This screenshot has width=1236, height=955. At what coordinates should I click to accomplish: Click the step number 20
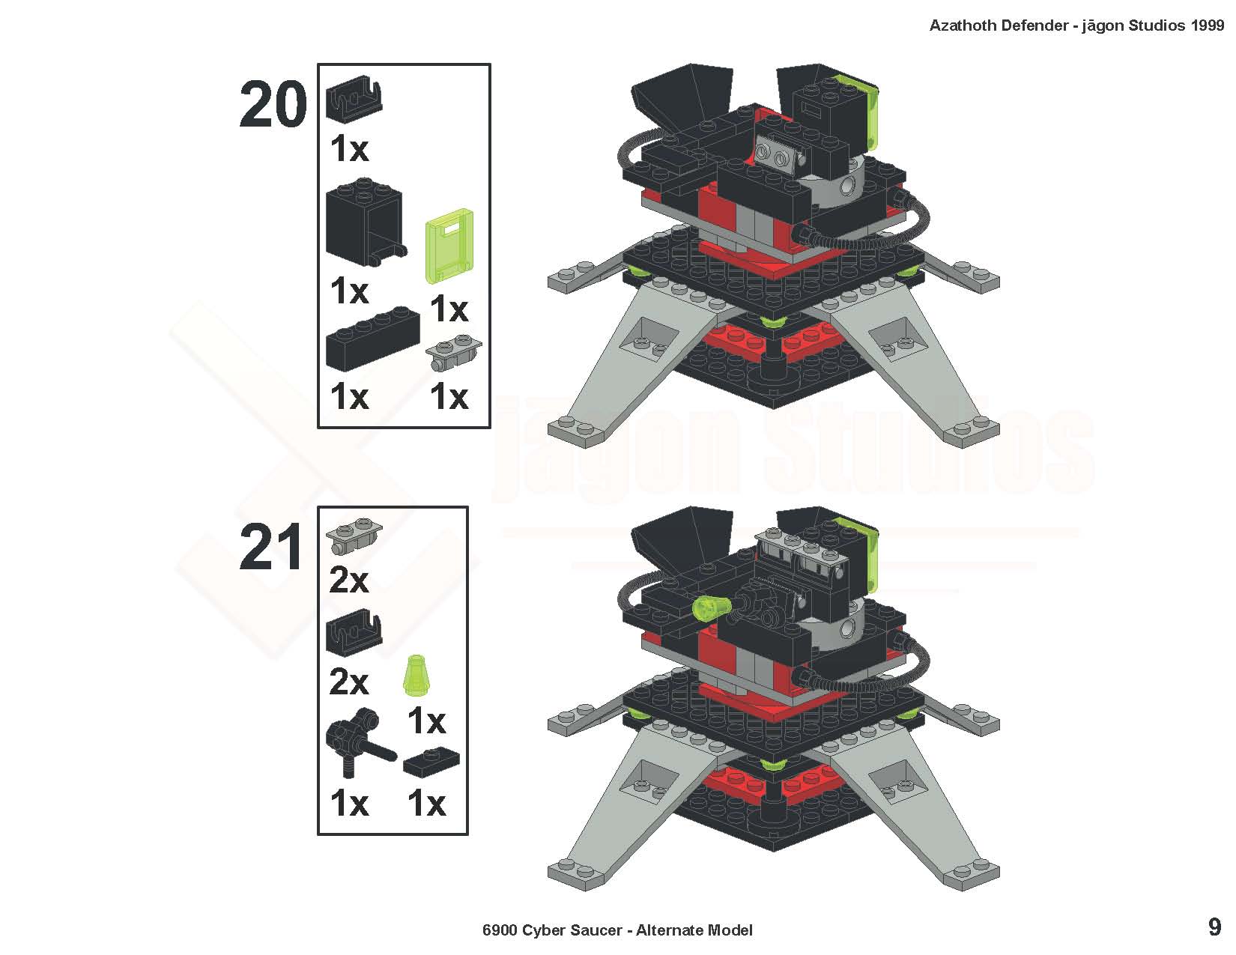pos(273,104)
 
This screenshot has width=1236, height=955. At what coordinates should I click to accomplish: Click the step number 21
pos(270,547)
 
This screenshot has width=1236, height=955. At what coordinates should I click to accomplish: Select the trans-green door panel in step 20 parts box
pos(449,246)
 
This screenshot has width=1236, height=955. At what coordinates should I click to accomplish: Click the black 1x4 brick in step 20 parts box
pos(372,339)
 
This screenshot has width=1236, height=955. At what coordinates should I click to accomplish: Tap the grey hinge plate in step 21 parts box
pos(354,536)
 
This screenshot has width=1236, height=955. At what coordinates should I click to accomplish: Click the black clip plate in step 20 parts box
pos(354,99)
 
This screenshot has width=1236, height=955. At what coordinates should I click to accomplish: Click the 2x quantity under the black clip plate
pos(348,682)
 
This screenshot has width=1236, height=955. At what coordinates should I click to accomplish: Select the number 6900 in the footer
pos(499,930)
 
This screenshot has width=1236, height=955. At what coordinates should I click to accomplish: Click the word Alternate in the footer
pos(666,930)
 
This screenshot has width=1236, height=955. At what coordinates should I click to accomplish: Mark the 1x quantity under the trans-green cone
pos(426,721)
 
